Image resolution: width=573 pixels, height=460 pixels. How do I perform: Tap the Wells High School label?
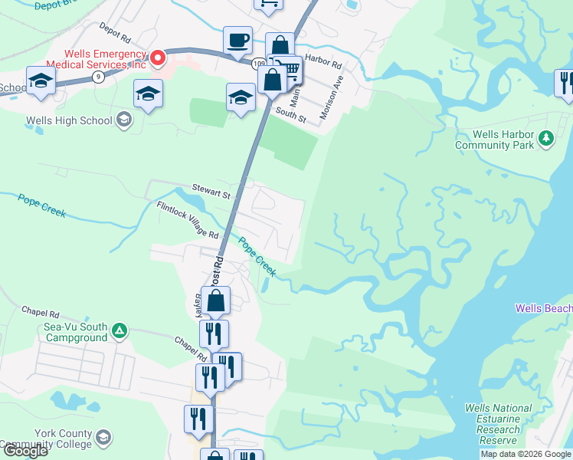click(x=68, y=120)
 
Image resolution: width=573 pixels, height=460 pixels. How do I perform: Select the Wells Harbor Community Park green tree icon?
click(x=545, y=139)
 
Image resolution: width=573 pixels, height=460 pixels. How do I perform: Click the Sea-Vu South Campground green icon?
click(x=120, y=330)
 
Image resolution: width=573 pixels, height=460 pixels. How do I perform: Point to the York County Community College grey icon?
click(x=103, y=439)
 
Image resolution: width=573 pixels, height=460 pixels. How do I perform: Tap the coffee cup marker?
click(x=238, y=41)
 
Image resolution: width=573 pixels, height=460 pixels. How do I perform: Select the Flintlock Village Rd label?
click(x=188, y=219)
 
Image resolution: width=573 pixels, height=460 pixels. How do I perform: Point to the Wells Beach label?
click(x=544, y=308)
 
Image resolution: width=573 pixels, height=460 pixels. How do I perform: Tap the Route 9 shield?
click(x=97, y=77)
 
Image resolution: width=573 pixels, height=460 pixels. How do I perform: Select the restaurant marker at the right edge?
click(x=565, y=82)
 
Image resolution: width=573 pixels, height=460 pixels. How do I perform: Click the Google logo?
click(x=25, y=451)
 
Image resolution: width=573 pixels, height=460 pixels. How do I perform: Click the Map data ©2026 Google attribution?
click(x=526, y=454)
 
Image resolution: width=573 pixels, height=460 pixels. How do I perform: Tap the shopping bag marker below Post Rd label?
click(x=217, y=301)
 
